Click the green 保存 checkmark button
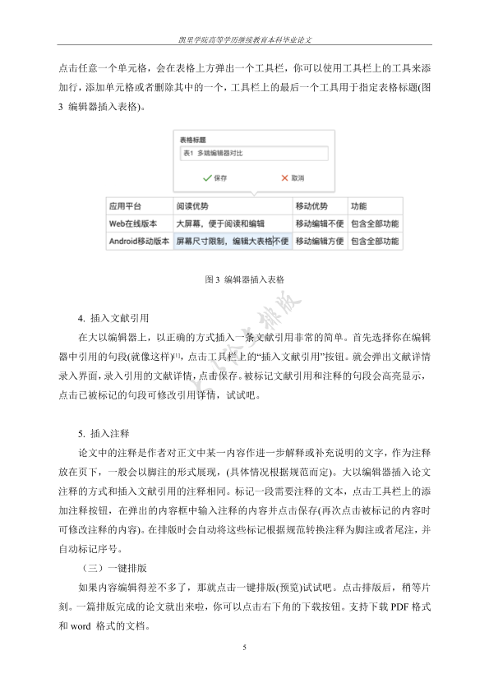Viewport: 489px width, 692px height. (x=215, y=178)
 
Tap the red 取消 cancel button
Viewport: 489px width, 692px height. (x=293, y=178)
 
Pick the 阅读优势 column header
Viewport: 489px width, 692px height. (x=192, y=206)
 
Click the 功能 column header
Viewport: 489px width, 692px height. (x=359, y=206)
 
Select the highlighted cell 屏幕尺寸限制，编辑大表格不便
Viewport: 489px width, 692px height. (x=232, y=242)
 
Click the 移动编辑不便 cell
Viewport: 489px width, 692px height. (x=321, y=224)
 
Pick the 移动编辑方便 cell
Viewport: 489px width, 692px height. (x=321, y=242)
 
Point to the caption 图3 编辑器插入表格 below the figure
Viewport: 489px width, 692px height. (x=245, y=280)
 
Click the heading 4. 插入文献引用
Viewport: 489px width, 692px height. (x=113, y=317)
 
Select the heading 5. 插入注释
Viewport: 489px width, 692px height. (x=103, y=432)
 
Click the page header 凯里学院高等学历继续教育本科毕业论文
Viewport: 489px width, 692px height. (x=245, y=39)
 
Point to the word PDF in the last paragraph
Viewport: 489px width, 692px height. (x=399, y=607)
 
